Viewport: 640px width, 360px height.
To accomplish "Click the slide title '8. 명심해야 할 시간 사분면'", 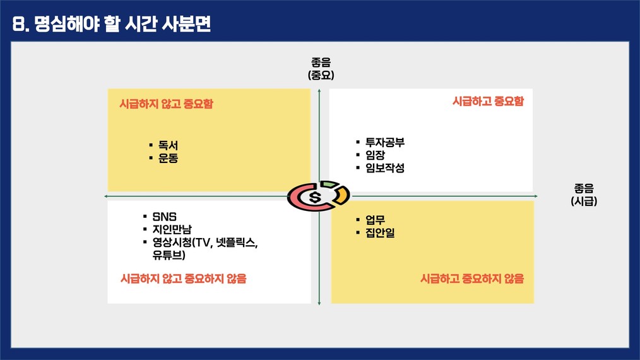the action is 111,24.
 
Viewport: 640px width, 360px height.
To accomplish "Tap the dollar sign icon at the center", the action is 315,197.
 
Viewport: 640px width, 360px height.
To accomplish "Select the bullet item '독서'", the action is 168,145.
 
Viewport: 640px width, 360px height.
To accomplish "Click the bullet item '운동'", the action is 168,158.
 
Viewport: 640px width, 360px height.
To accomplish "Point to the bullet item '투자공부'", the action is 385,142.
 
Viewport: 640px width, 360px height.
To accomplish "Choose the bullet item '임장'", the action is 375,155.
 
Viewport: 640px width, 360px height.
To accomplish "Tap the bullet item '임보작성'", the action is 385,167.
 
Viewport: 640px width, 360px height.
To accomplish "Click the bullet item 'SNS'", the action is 165,217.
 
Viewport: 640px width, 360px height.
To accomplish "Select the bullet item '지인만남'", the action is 172,229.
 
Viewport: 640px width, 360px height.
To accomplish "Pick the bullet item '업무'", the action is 375,220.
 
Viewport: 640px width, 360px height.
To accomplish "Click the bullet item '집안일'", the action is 380,232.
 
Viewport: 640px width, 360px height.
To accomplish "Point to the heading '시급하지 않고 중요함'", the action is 166,104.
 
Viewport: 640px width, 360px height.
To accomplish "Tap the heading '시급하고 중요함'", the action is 488,101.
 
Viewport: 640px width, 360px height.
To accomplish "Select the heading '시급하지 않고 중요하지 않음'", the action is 184,279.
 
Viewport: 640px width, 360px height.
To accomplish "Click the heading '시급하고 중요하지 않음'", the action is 472,279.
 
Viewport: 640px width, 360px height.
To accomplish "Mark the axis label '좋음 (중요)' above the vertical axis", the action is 321,69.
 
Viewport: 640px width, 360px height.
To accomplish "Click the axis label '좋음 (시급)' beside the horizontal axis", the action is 584,195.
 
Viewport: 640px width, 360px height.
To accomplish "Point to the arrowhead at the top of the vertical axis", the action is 319,90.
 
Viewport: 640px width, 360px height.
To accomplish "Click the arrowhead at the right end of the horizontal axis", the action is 535,196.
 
